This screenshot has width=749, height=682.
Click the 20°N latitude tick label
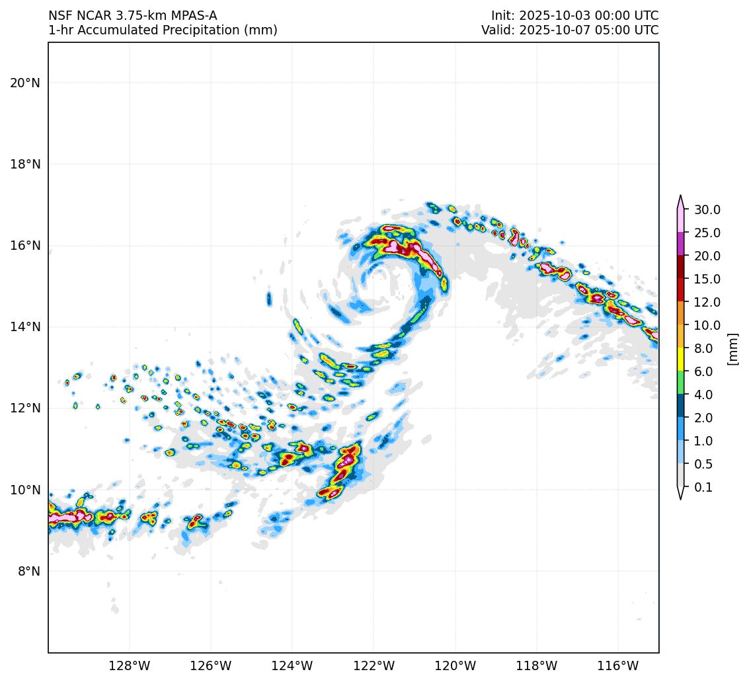coord(25,83)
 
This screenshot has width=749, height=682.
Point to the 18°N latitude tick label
coord(25,164)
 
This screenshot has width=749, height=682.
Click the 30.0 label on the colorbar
coord(707,210)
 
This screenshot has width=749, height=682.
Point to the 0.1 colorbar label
coord(703,488)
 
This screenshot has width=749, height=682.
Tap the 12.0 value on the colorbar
coord(707,303)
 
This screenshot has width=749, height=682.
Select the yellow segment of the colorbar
coord(680,360)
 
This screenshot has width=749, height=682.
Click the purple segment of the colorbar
coord(680,245)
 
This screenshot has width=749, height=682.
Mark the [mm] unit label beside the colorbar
coord(732,348)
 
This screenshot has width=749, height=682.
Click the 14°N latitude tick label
coord(25,326)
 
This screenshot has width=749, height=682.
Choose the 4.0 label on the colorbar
coord(703,395)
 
